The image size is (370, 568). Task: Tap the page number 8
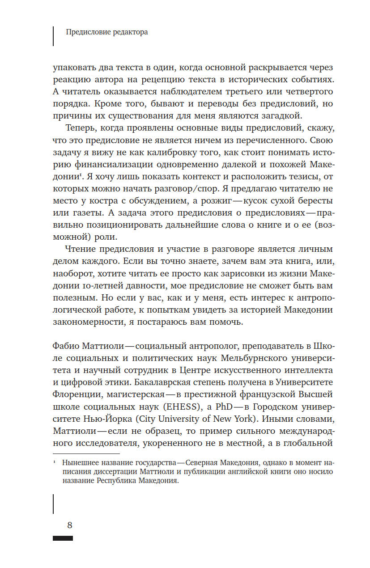coord(69,525)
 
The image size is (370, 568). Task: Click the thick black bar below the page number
coord(63,538)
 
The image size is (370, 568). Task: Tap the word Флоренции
coord(74,396)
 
